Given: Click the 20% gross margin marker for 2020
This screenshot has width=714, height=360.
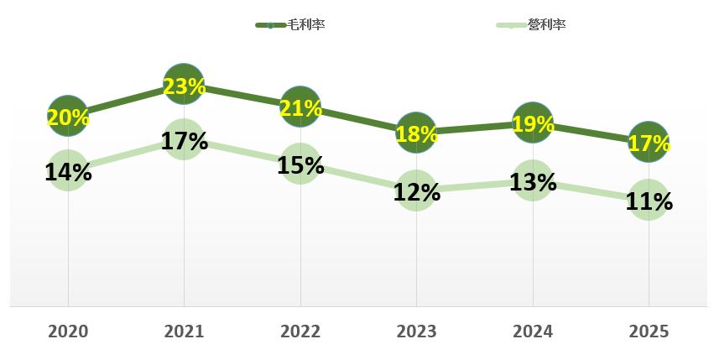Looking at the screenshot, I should point(68,116).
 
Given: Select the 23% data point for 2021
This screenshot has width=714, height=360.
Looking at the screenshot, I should point(184,84).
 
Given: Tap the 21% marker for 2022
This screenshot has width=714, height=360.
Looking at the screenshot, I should point(300,107).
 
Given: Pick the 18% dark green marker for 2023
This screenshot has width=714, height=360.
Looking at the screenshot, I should point(416,133).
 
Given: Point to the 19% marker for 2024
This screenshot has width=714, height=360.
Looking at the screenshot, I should point(532,123).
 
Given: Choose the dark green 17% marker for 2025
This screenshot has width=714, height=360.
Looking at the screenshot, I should point(648,143).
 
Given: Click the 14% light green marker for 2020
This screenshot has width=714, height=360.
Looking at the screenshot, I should point(68,170).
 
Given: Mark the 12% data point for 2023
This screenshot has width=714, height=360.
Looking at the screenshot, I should point(416,190).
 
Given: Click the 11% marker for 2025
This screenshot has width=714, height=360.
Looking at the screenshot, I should point(648,200).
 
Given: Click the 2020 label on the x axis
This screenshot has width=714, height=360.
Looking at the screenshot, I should point(68,331).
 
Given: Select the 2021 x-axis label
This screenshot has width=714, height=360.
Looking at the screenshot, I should point(184,331).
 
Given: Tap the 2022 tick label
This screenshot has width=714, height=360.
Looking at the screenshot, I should point(300,331).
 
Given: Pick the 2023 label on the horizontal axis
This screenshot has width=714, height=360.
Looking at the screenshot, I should point(416,331).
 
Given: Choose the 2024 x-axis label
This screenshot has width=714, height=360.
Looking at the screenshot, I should point(532,331).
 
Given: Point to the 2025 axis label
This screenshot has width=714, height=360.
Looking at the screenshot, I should point(648,331).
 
